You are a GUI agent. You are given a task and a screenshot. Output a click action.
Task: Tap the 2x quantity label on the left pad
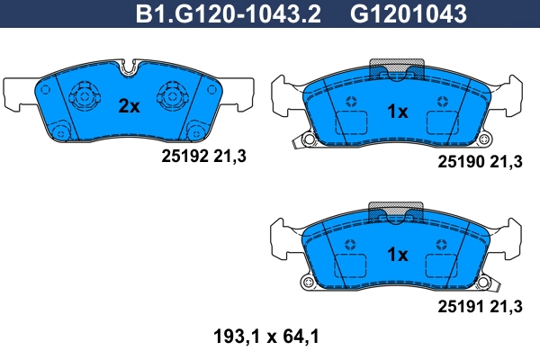point(130,106)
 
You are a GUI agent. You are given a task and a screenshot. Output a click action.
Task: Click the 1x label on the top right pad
point(397,112)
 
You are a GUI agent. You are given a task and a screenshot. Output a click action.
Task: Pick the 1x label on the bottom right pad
point(397,255)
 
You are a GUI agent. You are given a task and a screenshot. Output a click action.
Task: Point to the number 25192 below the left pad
point(179,156)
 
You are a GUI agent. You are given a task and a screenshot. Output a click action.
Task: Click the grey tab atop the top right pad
point(397,68)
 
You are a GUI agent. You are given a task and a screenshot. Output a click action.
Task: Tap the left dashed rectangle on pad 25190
point(350,123)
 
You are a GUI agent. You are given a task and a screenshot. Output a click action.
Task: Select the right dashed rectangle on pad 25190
point(444,123)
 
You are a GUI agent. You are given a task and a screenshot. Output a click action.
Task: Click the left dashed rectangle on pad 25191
point(350,266)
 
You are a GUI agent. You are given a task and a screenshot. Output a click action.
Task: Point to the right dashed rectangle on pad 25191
point(444,266)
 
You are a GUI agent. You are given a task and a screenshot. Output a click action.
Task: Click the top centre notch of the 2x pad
point(129,66)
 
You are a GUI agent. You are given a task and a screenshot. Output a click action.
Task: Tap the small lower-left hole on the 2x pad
point(60,130)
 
